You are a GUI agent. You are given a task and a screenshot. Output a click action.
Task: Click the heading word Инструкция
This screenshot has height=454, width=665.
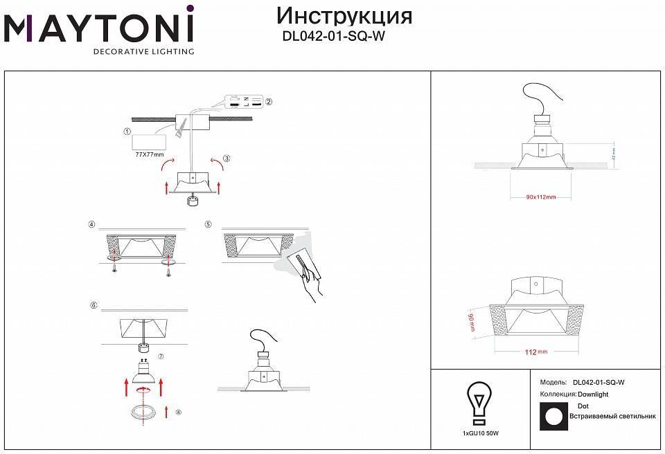tap(344, 16)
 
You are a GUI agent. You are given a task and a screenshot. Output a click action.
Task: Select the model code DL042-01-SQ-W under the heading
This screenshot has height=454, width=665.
tap(333, 39)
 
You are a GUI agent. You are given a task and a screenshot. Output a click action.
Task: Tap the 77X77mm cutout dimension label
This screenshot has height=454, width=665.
tap(150, 155)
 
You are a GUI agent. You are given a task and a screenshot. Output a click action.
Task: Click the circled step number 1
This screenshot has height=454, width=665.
tap(127, 131)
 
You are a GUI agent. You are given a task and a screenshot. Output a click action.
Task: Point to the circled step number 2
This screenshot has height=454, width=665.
tap(269, 102)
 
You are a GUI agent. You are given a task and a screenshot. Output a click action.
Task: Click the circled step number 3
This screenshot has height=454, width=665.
tap(227, 158)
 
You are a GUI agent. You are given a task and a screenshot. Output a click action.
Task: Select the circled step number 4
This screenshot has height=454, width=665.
tap(91, 224)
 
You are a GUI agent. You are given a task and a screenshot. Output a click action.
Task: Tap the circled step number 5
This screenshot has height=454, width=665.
tap(208, 224)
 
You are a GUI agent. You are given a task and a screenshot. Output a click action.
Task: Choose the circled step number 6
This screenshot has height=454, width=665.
tap(93, 305)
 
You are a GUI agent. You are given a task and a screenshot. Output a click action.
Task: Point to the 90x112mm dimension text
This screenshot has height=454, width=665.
tap(540, 197)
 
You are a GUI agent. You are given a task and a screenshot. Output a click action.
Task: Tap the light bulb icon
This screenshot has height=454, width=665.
tap(479, 401)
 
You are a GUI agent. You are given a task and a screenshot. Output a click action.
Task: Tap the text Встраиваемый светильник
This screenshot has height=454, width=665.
tap(612, 417)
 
